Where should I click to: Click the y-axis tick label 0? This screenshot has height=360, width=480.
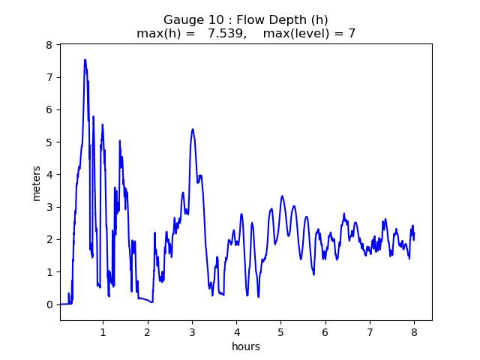pyautogui.click(x=49, y=304)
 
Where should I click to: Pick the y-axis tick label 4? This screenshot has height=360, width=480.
pyautogui.click(x=49, y=175)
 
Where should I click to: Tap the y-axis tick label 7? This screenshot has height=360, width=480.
pyautogui.click(x=49, y=77)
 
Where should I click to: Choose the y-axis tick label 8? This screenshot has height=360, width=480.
pyautogui.click(x=49, y=45)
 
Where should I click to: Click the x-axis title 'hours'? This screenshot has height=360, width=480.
pyautogui.click(x=246, y=346)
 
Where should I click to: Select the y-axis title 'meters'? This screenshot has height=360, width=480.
pyautogui.click(x=37, y=182)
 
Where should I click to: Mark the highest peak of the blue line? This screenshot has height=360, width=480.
pyautogui.click(x=85, y=60)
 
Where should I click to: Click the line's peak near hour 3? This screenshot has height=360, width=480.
pyautogui.click(x=193, y=129)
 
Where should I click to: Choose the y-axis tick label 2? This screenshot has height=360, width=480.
pyautogui.click(x=49, y=239)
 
